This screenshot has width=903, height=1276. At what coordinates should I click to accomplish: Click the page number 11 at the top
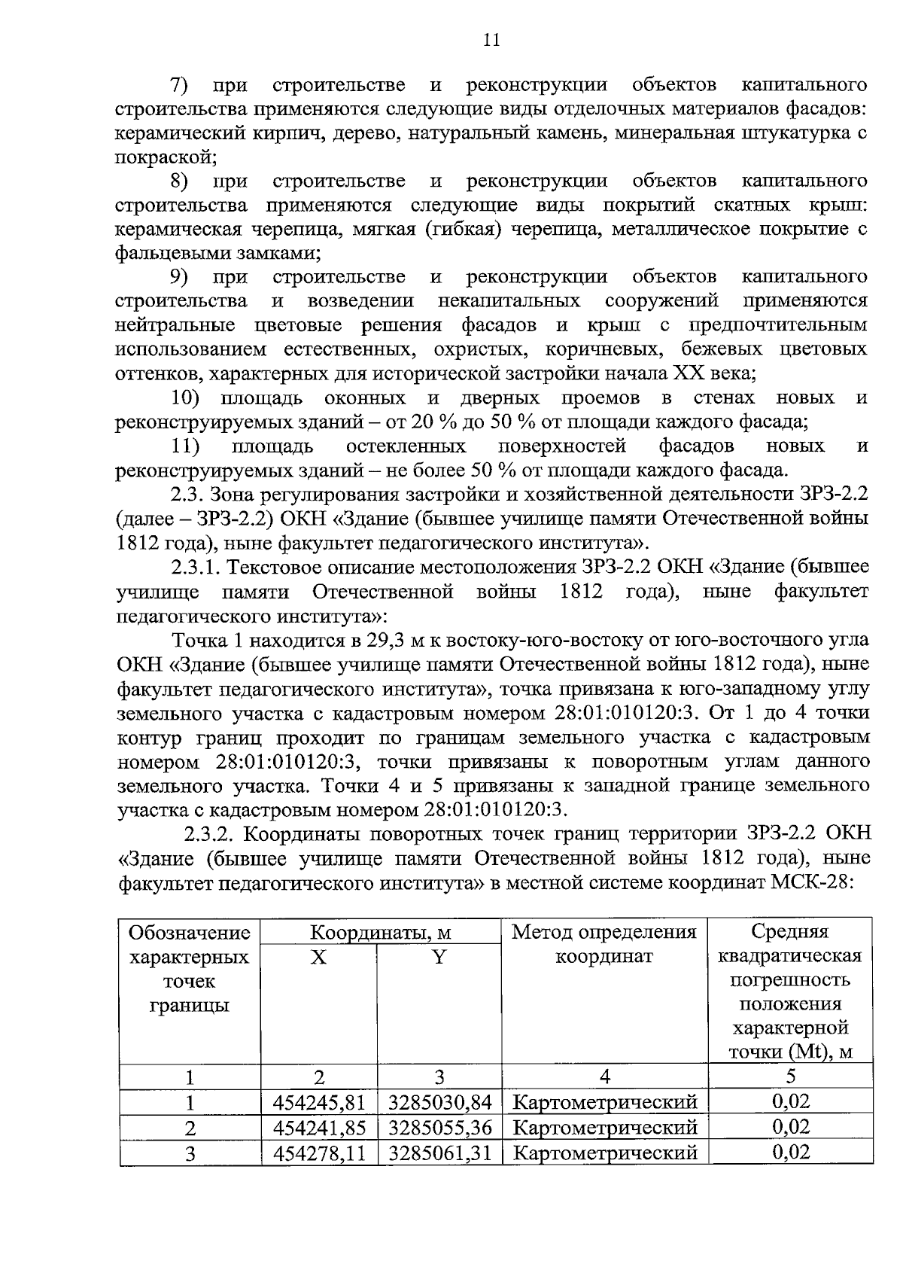(491, 40)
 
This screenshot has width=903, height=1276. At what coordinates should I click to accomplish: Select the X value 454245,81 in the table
(319, 1103)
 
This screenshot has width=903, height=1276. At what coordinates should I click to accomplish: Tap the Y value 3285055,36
(439, 1128)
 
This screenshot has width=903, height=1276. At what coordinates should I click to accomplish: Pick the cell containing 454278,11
(319, 1153)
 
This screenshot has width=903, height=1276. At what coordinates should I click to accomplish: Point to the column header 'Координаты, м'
(381, 933)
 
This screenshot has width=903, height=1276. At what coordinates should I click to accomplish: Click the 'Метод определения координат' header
(604, 944)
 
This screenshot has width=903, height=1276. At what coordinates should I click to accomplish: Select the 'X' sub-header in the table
(319, 957)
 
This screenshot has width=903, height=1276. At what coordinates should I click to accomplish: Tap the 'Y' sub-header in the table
(439, 957)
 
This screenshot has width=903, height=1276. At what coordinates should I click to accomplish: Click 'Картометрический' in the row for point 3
(604, 1153)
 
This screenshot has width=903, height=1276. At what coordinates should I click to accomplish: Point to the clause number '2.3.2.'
(212, 834)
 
